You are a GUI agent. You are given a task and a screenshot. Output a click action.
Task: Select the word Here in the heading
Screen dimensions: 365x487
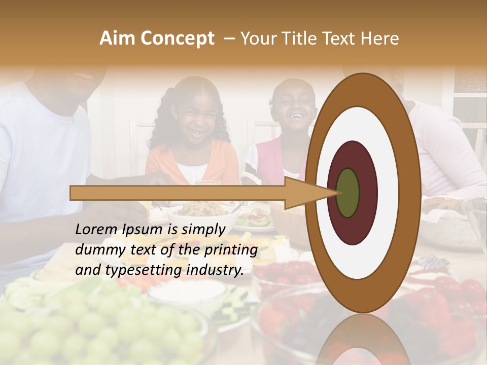tap(380, 39)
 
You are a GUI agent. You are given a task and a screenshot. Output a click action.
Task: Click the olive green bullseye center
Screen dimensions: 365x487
tap(348, 193)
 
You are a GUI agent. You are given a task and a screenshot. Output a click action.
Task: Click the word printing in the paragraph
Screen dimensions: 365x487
tap(230, 250)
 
